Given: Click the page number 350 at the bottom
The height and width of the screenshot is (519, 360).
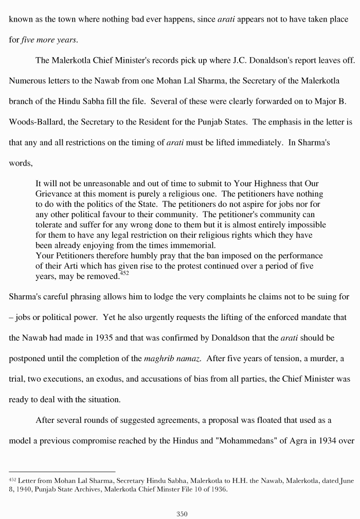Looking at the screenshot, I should click(x=182, y=513).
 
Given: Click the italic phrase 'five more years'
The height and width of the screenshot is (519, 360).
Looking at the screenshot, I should click(x=49, y=40).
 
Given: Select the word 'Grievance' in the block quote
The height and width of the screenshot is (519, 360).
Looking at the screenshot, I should click(x=53, y=194).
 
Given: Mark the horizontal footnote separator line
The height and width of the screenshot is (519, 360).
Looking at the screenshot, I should click(x=62, y=471).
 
